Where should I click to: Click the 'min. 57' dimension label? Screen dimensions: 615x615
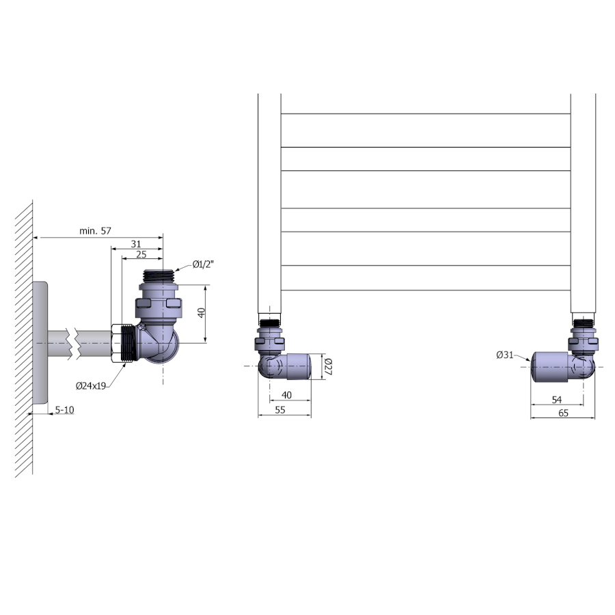95,231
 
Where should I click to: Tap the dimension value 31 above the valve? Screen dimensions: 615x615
136,244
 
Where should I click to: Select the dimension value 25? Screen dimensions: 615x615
141,254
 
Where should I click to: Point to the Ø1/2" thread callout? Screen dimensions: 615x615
203,264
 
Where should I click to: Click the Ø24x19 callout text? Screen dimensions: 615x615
91,386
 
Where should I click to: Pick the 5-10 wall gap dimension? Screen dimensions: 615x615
64,410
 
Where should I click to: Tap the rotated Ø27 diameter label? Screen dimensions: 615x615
328,366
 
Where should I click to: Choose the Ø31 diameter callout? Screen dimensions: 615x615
505,355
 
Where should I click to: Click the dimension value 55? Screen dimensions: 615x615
280,410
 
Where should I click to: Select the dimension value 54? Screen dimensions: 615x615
556,400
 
